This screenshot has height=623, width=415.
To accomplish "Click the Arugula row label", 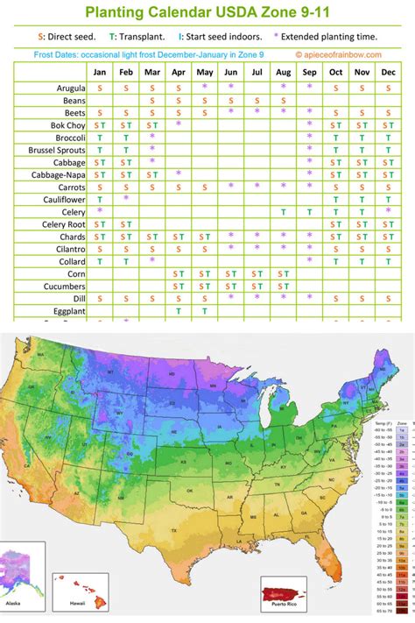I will click(61, 88).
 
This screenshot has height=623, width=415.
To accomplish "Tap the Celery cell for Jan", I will click(100, 211).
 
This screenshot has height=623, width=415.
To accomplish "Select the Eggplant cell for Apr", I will click(179, 310).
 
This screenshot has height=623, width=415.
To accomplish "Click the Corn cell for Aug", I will click(284, 273).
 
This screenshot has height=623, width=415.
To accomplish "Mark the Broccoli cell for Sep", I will click(310, 138).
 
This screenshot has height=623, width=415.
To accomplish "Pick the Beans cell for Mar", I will click(152, 101).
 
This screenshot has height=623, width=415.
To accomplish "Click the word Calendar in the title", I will click(188, 12).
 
